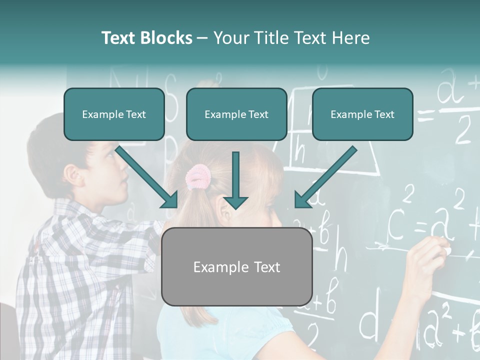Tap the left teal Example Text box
tap(114, 114)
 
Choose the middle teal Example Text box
tap(236, 114)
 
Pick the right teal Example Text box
tap(362, 114)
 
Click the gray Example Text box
tap(236, 267)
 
